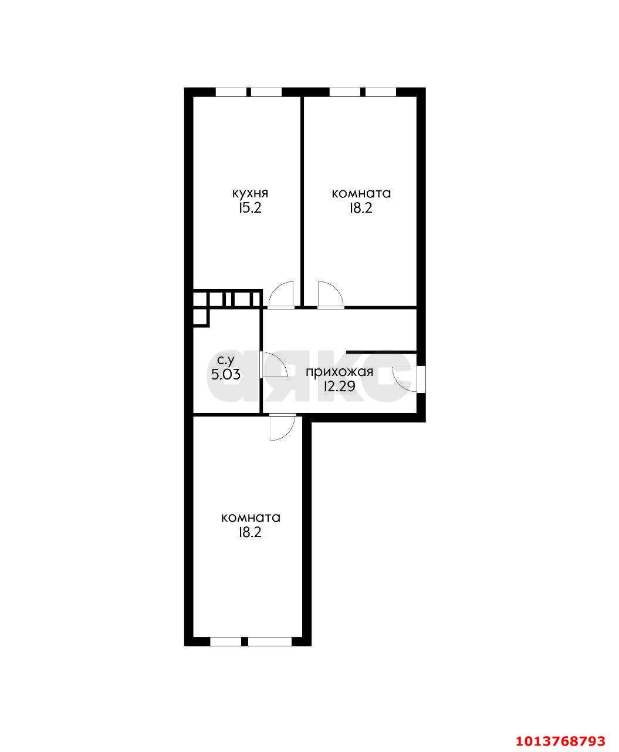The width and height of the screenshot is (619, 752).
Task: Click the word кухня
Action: (251, 194)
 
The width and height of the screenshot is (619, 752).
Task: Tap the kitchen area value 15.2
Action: (250, 209)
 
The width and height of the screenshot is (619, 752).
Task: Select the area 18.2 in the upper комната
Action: (361, 209)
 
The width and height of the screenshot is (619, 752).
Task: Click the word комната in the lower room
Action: (251, 518)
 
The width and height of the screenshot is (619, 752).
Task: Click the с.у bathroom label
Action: (226, 360)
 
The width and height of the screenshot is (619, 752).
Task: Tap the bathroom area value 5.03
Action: (225, 375)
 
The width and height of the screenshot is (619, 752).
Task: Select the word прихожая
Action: (340, 372)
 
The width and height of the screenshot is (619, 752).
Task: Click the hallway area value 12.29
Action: (340, 387)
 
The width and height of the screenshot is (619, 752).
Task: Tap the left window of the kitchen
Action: (231, 93)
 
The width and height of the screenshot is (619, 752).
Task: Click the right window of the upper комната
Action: (381, 93)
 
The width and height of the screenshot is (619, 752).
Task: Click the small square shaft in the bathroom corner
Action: (201, 317)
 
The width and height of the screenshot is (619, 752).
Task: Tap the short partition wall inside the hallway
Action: (381, 351)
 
